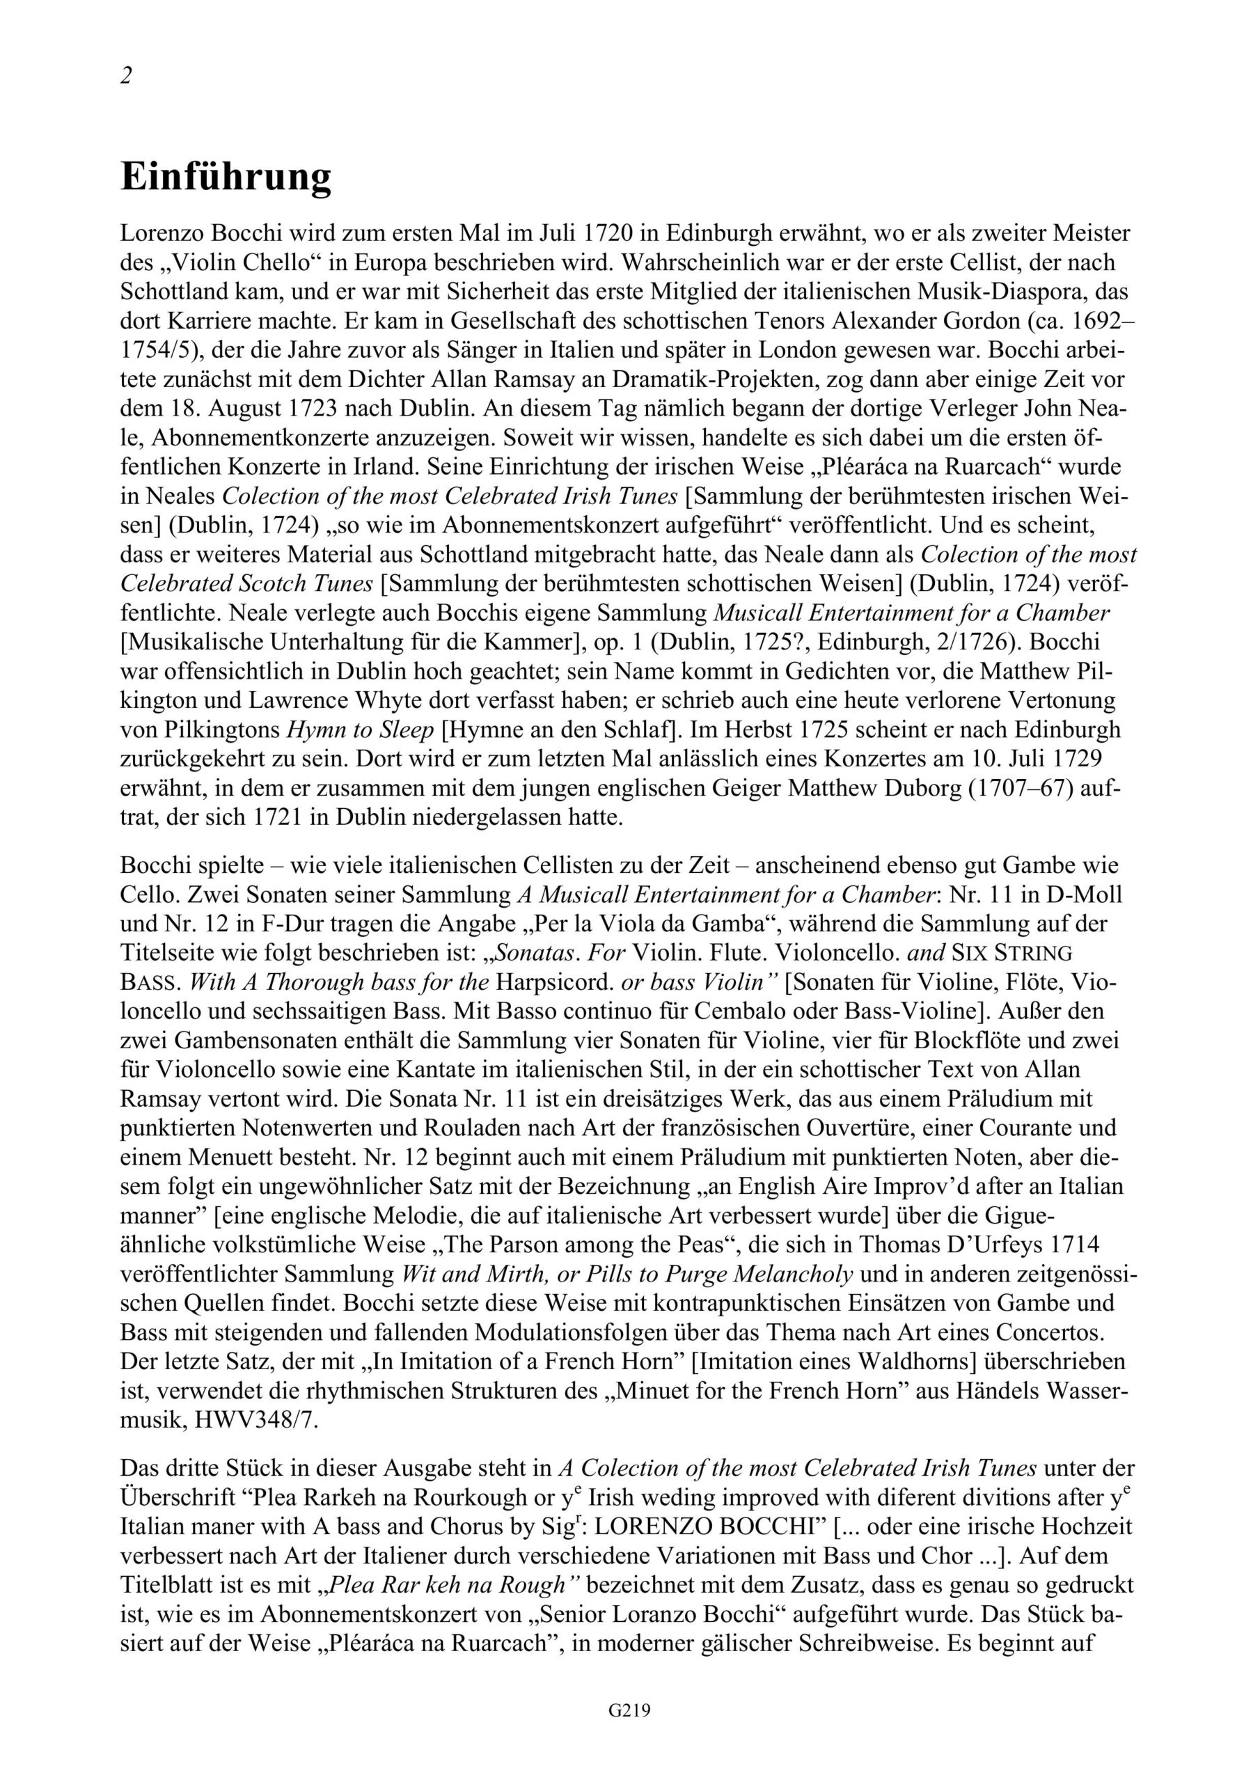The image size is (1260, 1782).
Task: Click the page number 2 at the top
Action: (127, 75)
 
